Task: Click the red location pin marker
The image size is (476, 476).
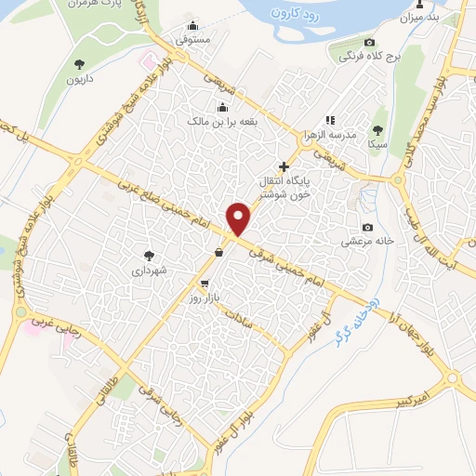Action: coord(240,218)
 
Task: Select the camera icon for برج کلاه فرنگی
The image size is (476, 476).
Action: coord(369,43)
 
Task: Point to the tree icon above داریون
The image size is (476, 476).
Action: coord(78,64)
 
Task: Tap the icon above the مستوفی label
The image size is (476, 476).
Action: coord(192,26)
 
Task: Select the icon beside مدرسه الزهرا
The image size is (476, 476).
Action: coord(329,120)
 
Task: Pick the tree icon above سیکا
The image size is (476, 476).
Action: coord(377,130)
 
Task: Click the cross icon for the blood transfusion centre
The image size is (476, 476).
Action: coord(284,166)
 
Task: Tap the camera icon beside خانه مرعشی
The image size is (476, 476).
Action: coord(368,228)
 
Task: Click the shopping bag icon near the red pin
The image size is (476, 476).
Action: coord(218,252)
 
